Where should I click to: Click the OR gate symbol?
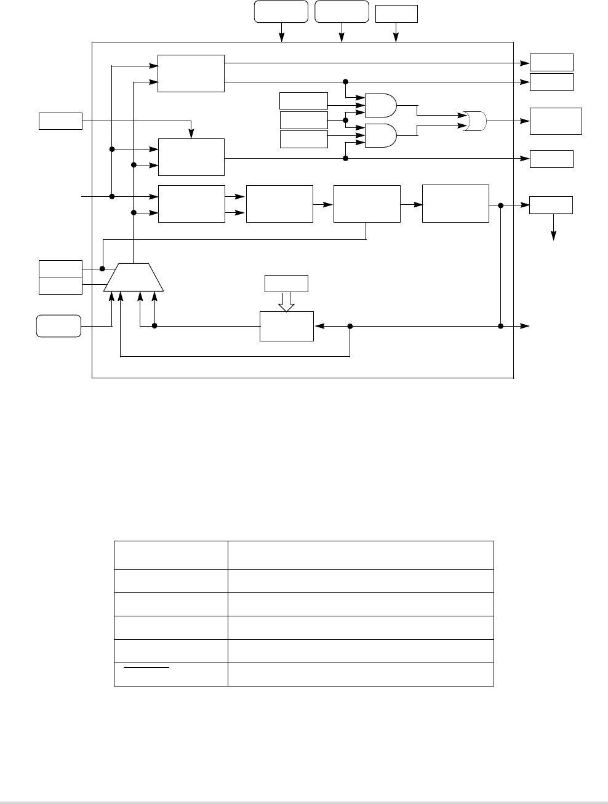point(476,121)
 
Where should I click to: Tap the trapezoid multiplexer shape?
point(134,277)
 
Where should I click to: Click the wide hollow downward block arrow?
point(287,301)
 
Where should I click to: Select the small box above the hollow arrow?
point(286,284)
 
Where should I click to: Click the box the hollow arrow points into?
point(286,326)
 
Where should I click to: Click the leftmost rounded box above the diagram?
point(281,12)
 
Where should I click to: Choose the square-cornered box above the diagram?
point(396,14)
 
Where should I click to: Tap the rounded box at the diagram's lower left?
point(58,325)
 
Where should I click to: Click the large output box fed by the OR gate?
point(556,121)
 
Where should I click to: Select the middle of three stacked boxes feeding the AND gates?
point(303,120)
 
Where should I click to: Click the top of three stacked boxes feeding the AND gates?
point(303,101)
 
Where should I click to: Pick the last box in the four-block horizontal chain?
point(455,204)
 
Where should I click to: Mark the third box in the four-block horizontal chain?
point(367,204)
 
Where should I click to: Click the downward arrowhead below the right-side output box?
point(554,236)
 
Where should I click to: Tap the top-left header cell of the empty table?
point(170,555)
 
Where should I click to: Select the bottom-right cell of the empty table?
point(361,674)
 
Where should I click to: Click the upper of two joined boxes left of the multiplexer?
point(60,269)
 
